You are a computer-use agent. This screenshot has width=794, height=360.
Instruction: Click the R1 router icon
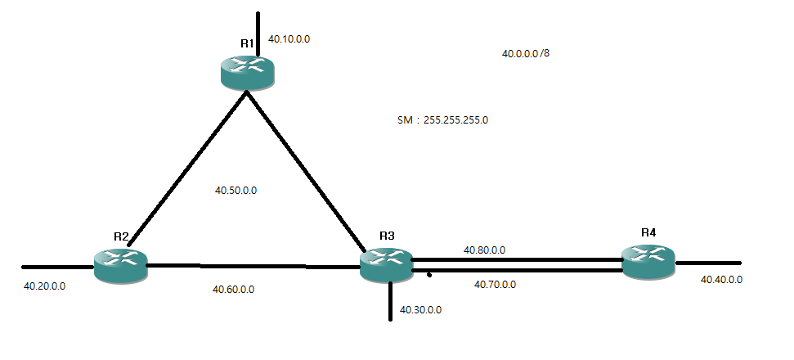249,70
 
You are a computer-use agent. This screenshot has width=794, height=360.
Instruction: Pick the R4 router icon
648,260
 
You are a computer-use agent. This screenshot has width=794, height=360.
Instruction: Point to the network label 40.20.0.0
45,286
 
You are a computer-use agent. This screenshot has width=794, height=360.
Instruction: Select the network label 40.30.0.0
421,310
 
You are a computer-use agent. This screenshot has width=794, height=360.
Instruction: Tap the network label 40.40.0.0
722,280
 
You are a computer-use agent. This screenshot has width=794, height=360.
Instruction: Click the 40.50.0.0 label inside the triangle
236,190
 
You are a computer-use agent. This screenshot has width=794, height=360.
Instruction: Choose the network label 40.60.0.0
234,289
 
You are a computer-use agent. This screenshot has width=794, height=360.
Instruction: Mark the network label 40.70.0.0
496,285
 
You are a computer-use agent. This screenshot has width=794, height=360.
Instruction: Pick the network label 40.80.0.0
484,250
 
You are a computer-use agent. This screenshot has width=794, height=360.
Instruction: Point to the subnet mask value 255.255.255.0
456,119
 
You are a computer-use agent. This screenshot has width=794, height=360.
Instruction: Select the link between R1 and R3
307,171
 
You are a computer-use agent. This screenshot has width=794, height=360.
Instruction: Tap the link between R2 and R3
253,266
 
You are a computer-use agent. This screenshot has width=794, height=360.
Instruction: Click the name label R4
648,232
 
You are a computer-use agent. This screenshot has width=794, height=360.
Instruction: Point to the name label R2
122,236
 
